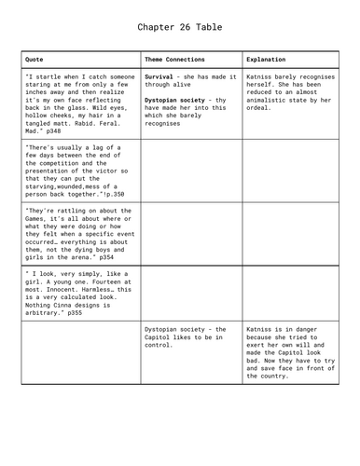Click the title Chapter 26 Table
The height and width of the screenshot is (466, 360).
pyautogui.click(x=180, y=28)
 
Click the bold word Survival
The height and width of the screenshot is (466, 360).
pyautogui.click(x=162, y=76)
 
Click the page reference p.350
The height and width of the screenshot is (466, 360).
pyautogui.click(x=111, y=193)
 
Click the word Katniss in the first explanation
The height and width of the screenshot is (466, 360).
pyautogui.click(x=263, y=76)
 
